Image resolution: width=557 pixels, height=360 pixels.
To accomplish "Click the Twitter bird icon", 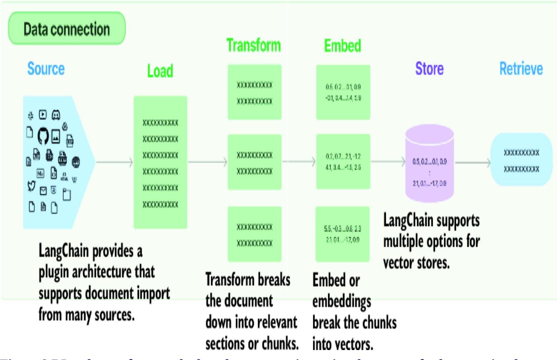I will (x=31, y=186).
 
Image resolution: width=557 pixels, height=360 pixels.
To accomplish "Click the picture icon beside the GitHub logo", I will (x=57, y=135).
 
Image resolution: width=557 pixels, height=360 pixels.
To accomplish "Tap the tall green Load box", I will (x=160, y=162).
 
